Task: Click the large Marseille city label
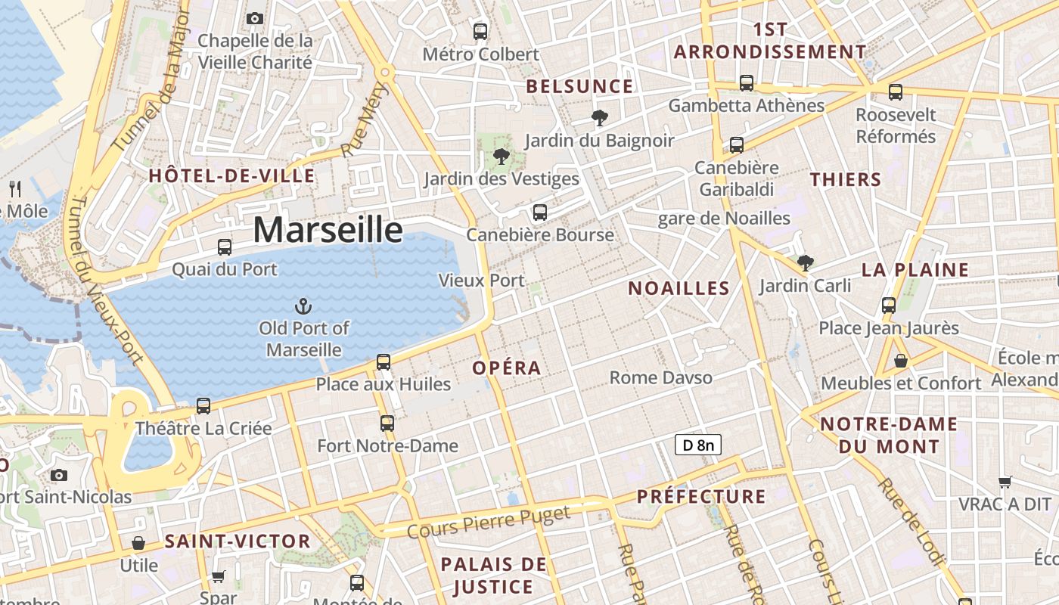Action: click(x=328, y=229)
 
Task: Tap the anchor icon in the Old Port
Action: click(x=303, y=306)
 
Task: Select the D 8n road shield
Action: click(x=697, y=445)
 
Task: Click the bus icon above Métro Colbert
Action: click(x=480, y=32)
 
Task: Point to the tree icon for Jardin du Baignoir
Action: click(x=600, y=118)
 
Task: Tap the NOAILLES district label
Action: click(x=679, y=288)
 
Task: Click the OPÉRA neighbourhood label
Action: click(x=507, y=368)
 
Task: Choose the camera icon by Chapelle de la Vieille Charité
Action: click(x=255, y=18)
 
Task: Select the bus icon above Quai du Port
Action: click(x=225, y=247)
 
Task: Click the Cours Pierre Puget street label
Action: click(x=489, y=523)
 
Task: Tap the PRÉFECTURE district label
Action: click(x=701, y=497)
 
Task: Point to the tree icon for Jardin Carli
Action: click(x=806, y=263)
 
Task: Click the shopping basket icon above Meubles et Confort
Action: click(x=900, y=361)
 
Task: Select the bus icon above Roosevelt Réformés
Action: click(x=896, y=92)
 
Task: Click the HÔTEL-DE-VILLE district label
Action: click(x=231, y=176)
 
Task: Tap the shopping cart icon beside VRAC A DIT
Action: click(x=1005, y=482)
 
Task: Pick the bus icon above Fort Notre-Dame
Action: click(x=387, y=423)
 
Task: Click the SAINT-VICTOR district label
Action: click(x=238, y=541)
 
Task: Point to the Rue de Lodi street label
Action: click(x=911, y=521)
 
